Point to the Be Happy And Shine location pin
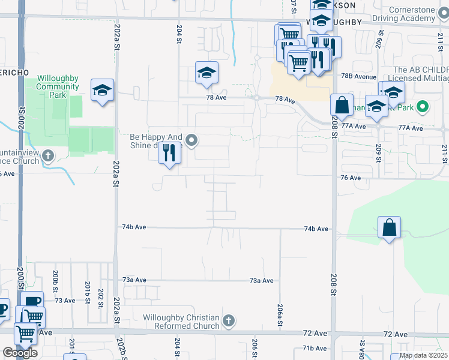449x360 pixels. click(192, 140)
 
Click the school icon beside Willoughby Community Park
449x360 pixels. click(103, 91)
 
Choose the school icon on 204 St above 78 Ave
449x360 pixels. click(206, 73)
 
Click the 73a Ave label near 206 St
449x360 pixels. click(262, 281)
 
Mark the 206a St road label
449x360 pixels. click(280, 315)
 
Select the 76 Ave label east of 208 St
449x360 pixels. click(351, 178)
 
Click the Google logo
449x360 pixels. click(20, 353)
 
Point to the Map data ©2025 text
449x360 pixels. click(423, 355)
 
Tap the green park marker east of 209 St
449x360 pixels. click(423, 107)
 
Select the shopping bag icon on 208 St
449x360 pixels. click(342, 105)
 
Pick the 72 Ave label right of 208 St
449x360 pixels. click(396, 334)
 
